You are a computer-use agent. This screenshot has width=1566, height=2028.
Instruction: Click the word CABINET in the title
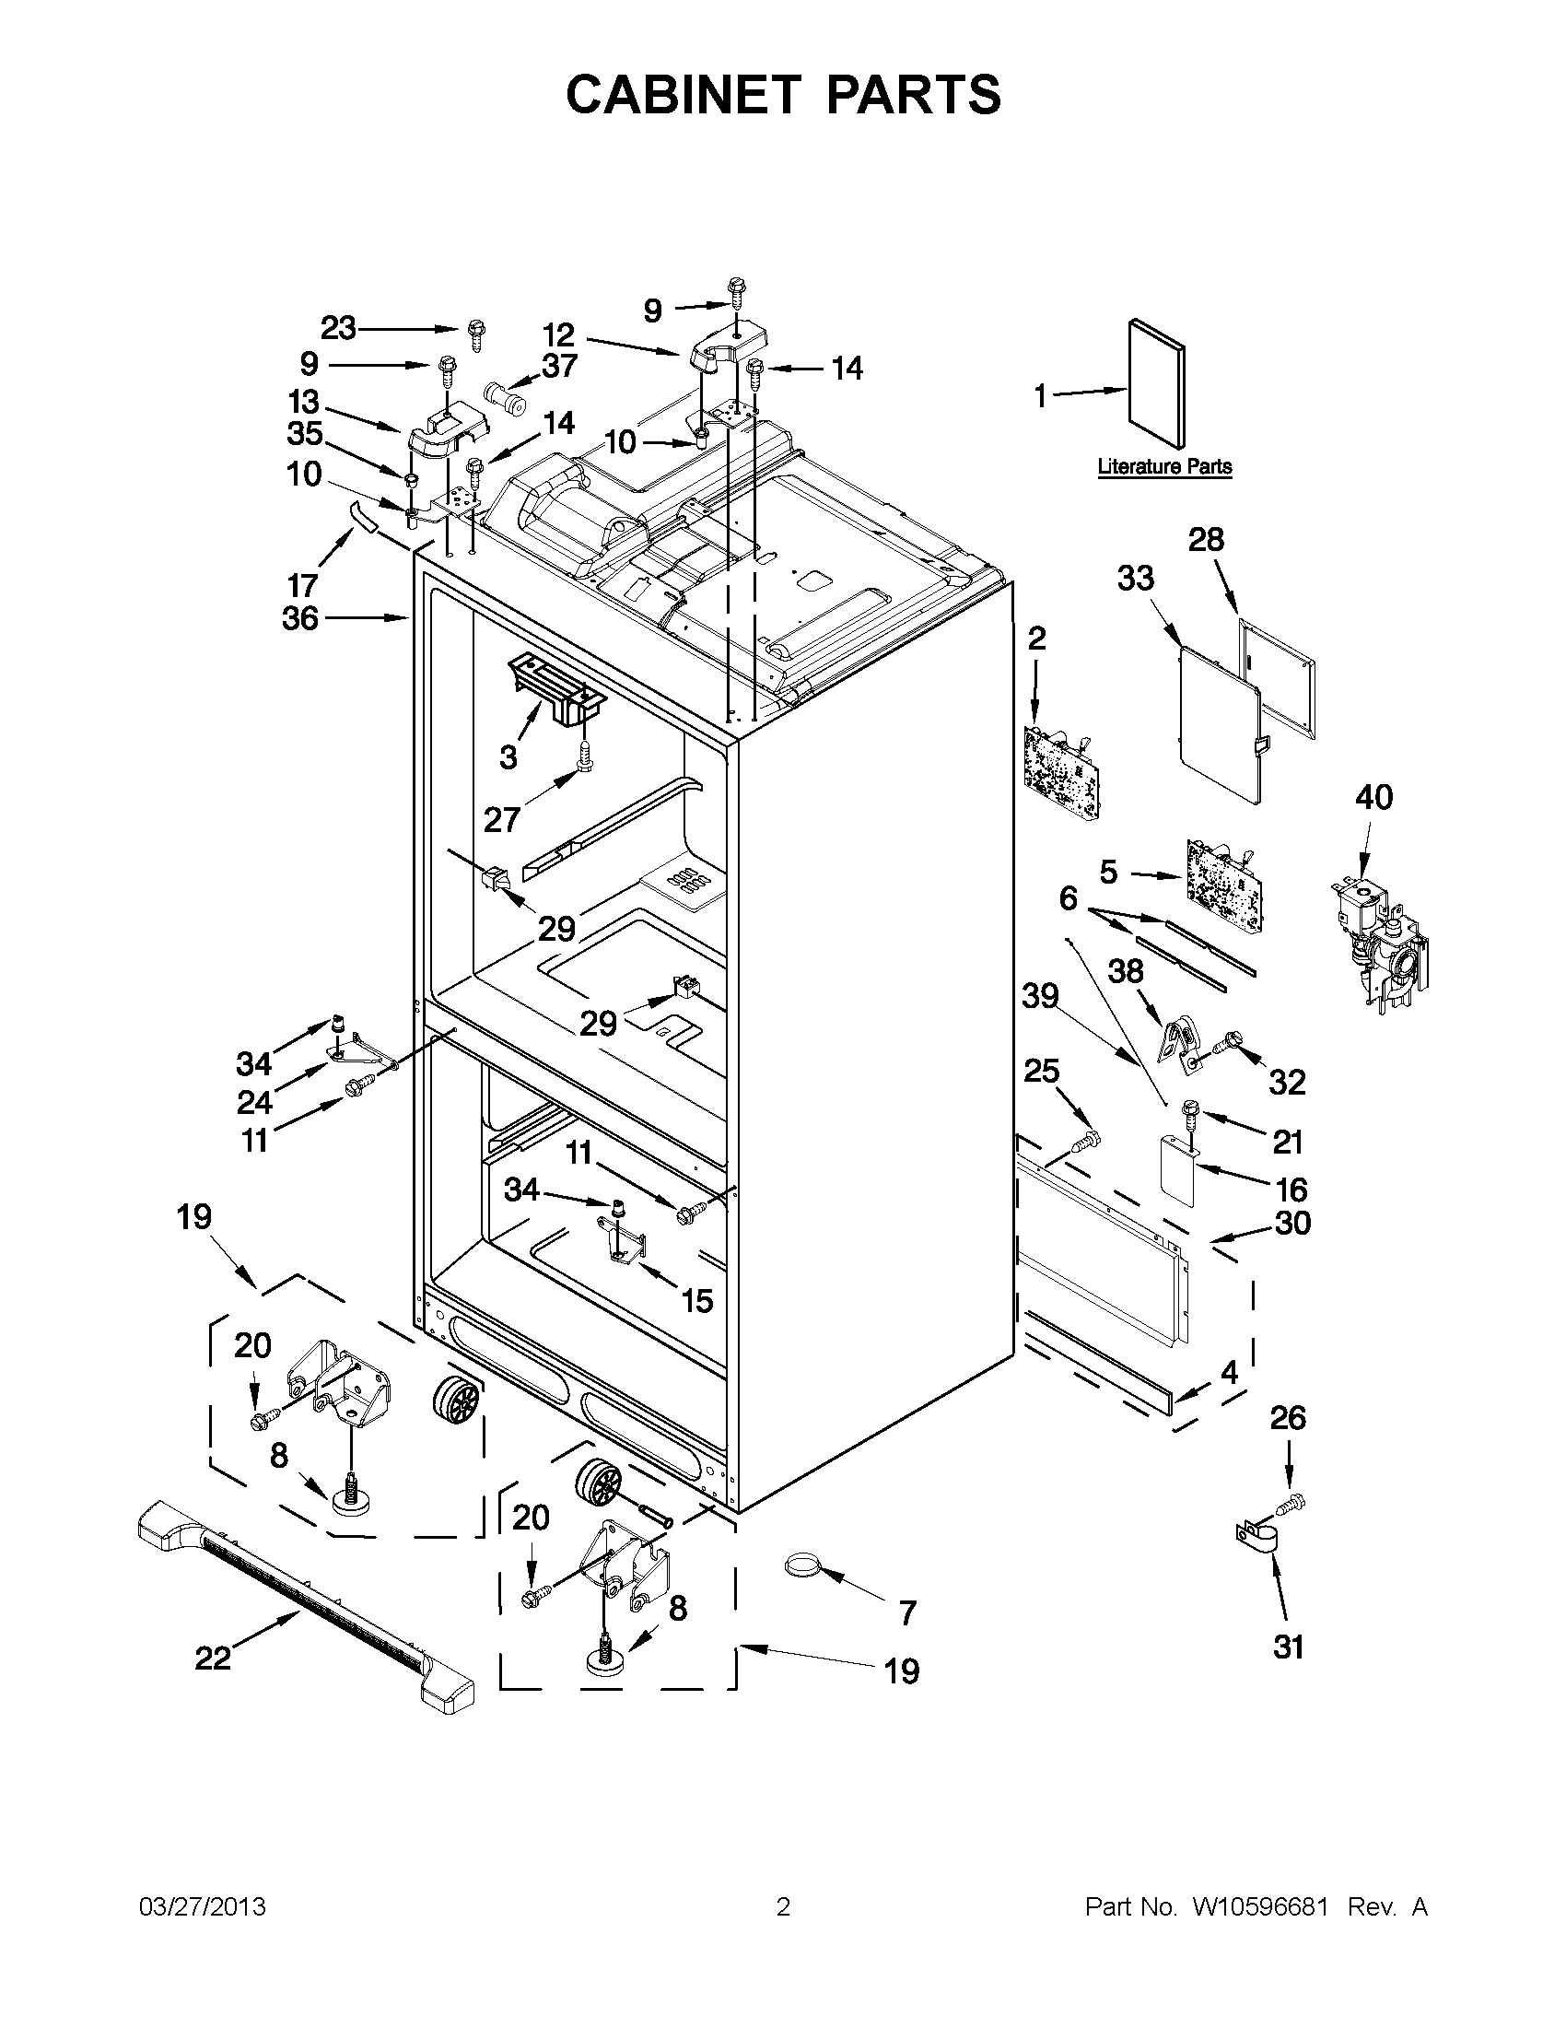683,95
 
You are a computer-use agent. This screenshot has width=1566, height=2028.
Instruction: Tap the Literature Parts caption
1164,466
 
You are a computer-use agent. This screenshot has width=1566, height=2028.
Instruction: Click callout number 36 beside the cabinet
299,617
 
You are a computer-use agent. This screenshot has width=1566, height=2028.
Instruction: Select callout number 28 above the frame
1206,540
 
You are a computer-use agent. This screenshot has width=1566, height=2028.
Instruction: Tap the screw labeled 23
478,334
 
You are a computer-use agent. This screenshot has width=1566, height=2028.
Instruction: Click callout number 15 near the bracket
697,1301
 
